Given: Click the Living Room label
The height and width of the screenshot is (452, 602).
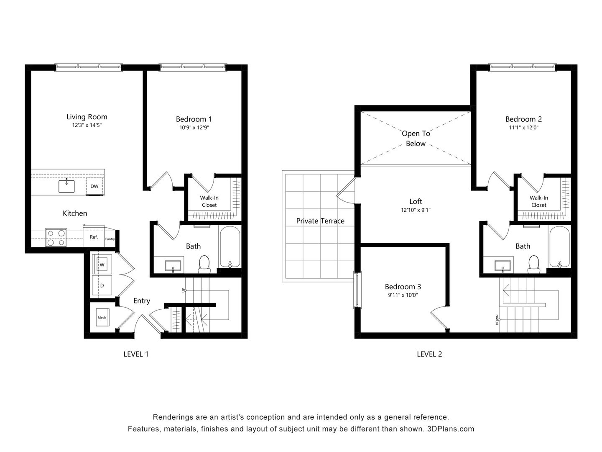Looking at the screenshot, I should coord(87,117).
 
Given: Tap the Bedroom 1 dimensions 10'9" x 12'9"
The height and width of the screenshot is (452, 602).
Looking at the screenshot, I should coord(194,128).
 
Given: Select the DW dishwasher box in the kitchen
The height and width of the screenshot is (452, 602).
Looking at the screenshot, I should coord(95,187).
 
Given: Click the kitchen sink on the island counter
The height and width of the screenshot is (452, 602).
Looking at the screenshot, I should coord(66,186).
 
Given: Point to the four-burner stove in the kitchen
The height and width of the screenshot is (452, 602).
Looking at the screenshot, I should coord(56,238).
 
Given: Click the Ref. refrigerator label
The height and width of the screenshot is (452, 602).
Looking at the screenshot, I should coord(94,237).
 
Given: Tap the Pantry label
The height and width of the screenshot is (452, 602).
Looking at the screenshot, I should coord(110,239).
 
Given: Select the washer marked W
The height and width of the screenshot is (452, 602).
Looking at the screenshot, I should coord(102,265).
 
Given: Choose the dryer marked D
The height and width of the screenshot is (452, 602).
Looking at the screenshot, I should coord(102,285).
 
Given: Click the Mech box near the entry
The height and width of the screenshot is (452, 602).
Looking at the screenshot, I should coord(102,318).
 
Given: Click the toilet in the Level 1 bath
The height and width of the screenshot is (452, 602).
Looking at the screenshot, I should coord(204,265).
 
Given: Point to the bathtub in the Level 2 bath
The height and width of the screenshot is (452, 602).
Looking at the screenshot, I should coord(559,247).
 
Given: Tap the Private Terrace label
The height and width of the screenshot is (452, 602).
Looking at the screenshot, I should coord(320,221).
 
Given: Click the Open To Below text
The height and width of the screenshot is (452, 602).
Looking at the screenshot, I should coord(416,139).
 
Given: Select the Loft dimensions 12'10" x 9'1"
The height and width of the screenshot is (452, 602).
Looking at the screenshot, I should coord(416,211).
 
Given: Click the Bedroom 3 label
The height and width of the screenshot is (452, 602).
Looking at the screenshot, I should coord(403,287).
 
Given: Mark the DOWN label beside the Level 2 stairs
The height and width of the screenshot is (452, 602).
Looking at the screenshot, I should coord(497,320).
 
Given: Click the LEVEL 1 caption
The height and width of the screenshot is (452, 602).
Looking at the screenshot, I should coord(136,354).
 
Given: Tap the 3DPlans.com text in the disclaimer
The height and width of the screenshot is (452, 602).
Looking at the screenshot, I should coord(451,429).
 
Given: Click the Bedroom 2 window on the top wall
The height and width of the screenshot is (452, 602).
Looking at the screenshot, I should coord(523,66).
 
